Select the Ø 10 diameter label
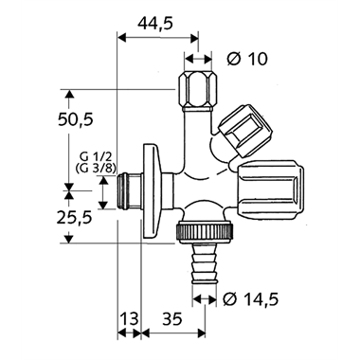click(247, 59)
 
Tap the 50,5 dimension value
click(76, 119)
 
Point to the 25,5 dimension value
click(74, 217)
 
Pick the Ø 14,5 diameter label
click(251, 298)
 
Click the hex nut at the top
click(197, 91)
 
